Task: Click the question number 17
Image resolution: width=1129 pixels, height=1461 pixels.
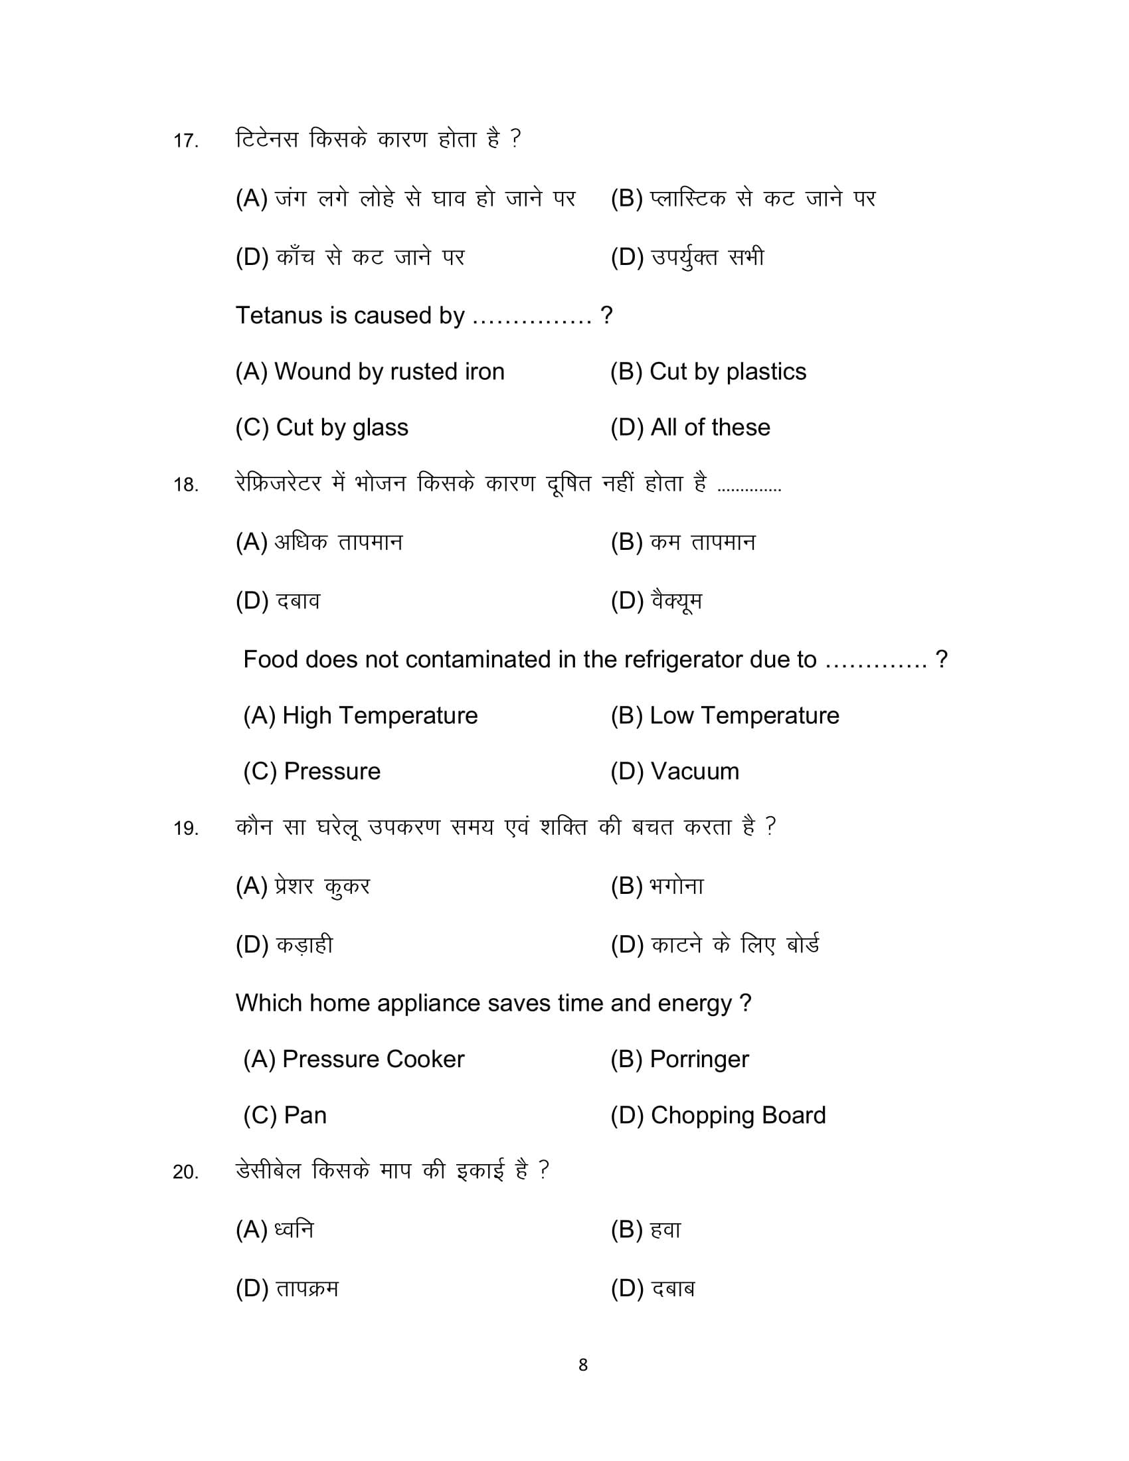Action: tap(185, 141)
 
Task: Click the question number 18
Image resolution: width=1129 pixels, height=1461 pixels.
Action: tap(185, 485)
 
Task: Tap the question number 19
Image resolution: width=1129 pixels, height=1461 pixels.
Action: tap(185, 829)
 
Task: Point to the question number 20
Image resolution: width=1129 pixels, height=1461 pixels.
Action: tap(185, 1172)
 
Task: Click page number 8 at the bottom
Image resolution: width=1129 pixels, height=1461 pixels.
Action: tap(582, 1365)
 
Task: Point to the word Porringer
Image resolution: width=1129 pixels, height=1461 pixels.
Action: tap(699, 1060)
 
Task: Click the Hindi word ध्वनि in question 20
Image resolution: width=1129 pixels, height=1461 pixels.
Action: tap(294, 1229)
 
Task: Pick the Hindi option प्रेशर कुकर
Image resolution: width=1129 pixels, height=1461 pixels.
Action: tap(321, 887)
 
